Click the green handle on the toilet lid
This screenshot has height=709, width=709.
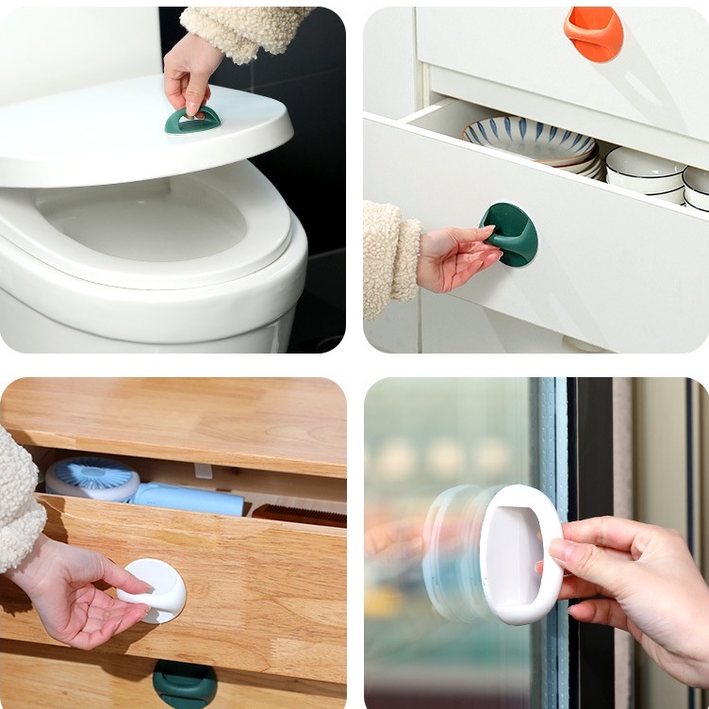192,121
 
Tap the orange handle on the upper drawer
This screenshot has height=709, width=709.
593,32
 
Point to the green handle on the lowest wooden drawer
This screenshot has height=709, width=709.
184,684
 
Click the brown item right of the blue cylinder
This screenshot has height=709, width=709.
298,515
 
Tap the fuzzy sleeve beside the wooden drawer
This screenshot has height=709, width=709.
19,500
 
